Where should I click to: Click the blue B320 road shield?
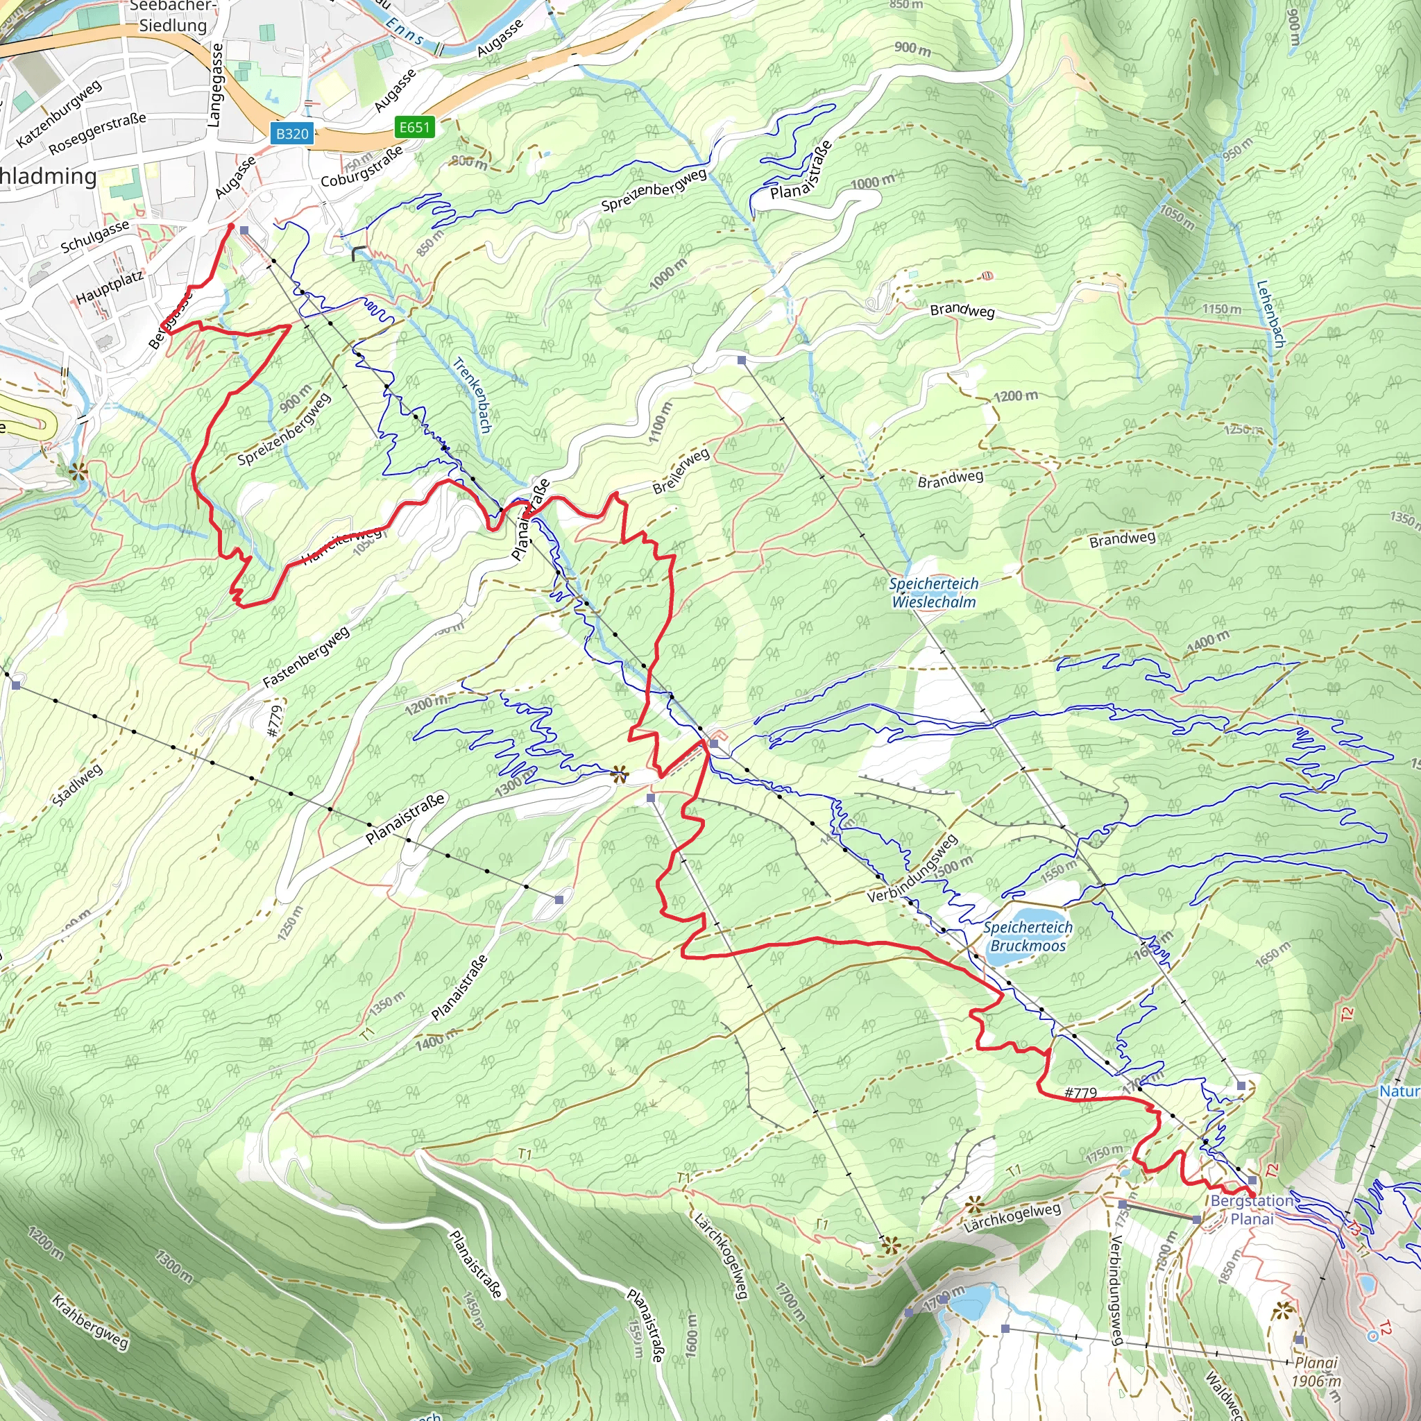click(x=292, y=134)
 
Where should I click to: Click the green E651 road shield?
click(x=414, y=127)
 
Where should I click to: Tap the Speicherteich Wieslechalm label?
click(x=933, y=593)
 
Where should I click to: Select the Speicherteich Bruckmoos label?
click(x=1028, y=937)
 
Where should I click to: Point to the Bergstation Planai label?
click(x=1252, y=1209)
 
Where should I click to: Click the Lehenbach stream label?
click(x=1270, y=314)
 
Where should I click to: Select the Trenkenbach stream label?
click(x=473, y=395)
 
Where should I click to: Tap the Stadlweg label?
click(x=77, y=785)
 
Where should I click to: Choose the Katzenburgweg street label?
click(x=59, y=113)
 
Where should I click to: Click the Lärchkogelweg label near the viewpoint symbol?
click(x=1012, y=1218)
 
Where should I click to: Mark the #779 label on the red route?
click(x=1080, y=1093)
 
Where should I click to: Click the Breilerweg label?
click(x=681, y=470)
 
